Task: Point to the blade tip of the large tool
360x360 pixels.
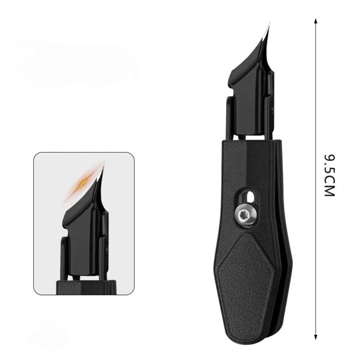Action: coord(269,23)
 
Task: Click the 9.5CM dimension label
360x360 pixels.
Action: coord(330,175)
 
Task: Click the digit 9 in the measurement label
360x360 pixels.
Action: coord(330,159)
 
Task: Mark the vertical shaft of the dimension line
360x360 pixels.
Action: coord(316,108)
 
